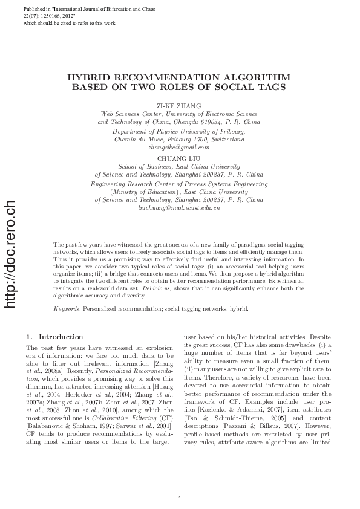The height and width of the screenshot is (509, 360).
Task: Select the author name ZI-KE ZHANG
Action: [x=180, y=106]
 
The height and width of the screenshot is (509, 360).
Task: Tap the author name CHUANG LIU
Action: [x=180, y=159]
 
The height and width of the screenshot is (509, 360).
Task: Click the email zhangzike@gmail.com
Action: [x=179, y=147]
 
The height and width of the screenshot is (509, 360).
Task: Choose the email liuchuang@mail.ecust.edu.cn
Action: [x=179, y=207]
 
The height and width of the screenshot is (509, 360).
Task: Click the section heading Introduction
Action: [x=61, y=337]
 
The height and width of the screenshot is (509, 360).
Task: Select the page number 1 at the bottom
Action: [x=180, y=481]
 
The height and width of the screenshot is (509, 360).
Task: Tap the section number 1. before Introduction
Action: [x=30, y=337]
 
